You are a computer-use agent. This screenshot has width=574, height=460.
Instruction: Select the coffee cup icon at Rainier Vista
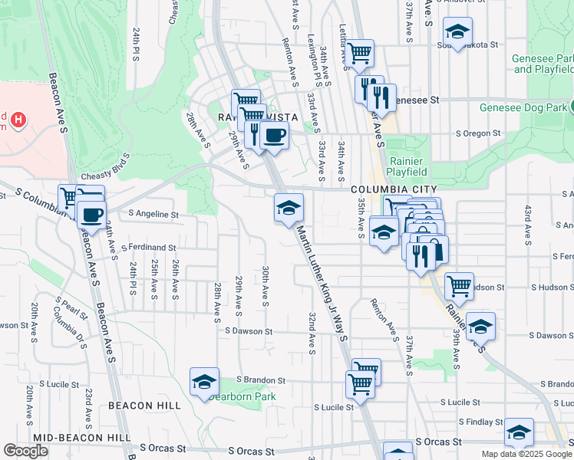274,136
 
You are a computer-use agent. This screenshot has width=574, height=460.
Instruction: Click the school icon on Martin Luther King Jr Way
289,208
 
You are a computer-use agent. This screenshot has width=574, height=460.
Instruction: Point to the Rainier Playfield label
407,166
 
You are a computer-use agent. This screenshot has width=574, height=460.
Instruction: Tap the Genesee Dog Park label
523,107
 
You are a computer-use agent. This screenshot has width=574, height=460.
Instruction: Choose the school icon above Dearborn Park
204,382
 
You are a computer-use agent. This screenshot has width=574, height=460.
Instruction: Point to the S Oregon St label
477,133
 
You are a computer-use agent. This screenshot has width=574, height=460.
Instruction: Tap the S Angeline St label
153,215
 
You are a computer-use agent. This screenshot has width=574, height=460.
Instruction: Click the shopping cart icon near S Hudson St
458,287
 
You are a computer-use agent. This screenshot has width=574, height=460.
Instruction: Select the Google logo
26,451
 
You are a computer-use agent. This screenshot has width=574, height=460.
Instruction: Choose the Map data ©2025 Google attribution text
526,454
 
